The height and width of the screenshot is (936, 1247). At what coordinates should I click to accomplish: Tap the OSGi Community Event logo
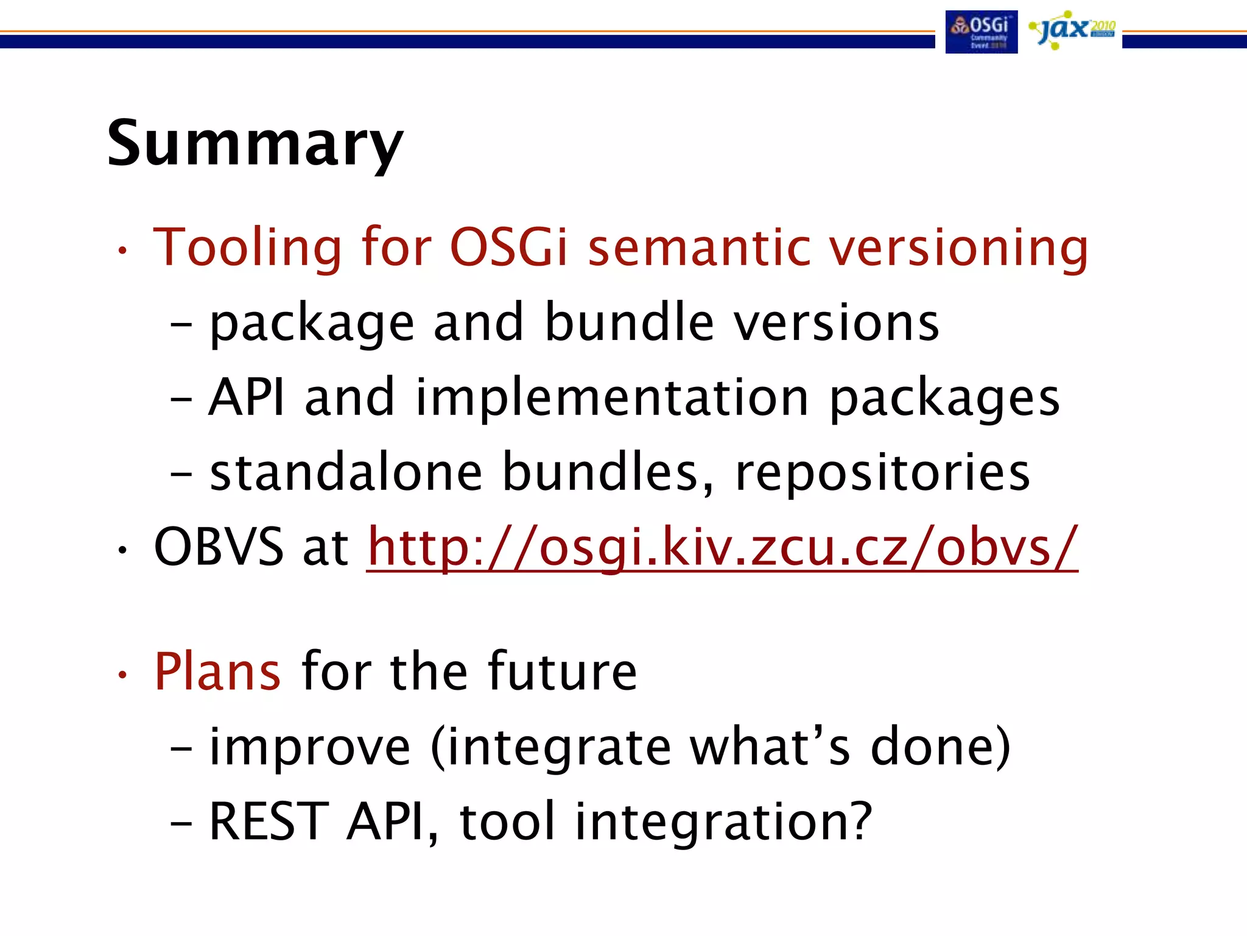(981, 32)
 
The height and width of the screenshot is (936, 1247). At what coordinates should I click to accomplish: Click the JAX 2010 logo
(1072, 30)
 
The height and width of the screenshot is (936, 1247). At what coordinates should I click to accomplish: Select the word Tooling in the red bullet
(247, 247)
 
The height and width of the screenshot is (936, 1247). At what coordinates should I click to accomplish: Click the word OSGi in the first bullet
(508, 247)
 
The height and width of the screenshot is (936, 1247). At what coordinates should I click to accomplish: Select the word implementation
(612, 397)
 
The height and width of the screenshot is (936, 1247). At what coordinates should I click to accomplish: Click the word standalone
(346, 472)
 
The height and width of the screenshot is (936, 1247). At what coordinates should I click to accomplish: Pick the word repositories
(882, 473)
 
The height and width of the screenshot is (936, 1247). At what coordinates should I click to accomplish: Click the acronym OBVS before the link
(219, 547)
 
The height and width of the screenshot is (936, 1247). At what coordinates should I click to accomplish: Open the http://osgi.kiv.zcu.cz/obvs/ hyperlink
(722, 548)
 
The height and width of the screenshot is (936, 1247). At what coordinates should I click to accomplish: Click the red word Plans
(217, 671)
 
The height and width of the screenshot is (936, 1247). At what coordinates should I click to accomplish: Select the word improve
(309, 746)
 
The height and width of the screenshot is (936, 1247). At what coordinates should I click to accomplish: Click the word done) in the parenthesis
(940, 746)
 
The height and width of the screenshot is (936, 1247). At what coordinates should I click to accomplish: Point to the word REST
(269, 822)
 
